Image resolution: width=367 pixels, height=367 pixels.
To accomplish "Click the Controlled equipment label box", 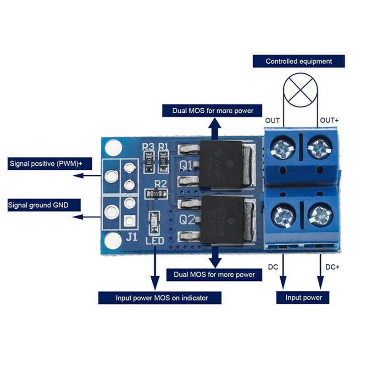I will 299,61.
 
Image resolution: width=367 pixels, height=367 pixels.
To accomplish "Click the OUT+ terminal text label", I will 329,120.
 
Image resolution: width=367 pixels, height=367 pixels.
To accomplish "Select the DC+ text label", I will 332,267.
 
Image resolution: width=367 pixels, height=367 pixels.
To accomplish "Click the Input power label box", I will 304,298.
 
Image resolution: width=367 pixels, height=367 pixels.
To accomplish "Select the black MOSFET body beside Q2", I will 221,220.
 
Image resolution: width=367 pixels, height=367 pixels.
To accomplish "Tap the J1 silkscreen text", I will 132,237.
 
